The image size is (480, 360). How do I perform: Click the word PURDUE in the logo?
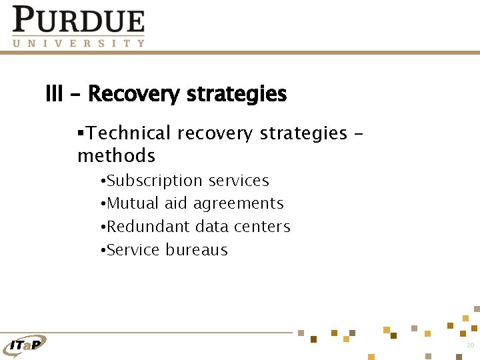tap(79, 20)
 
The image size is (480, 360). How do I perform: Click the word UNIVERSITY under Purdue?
tap(79, 43)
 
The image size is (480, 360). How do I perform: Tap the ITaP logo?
tap(25, 344)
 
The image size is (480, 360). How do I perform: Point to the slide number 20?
tap(470, 345)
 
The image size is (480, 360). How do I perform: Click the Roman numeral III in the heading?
tap(54, 94)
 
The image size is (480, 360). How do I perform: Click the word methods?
tap(116, 156)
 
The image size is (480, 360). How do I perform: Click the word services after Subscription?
tap(239, 181)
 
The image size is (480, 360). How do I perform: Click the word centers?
tap(261, 227)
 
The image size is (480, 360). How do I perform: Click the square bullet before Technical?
tap(81, 133)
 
